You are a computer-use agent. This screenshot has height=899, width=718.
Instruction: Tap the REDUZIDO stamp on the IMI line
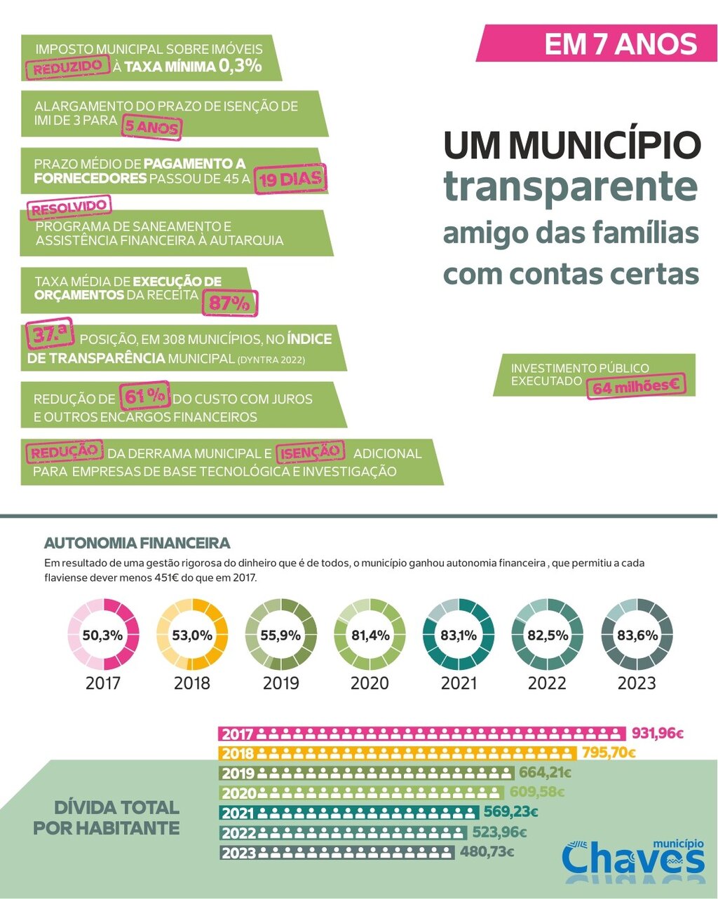click(x=68, y=67)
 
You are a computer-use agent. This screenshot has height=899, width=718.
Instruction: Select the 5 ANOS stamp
click(x=151, y=127)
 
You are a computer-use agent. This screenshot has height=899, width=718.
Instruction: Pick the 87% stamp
click(x=230, y=303)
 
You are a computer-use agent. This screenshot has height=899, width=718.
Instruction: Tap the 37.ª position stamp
click(x=49, y=335)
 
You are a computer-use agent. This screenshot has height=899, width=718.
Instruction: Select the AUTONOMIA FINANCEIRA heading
click(x=137, y=543)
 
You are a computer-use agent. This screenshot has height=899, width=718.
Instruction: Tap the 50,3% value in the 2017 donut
click(x=102, y=636)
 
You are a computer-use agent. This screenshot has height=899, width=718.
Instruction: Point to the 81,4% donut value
click(x=370, y=636)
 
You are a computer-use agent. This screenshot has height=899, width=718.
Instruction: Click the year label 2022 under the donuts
click(x=547, y=682)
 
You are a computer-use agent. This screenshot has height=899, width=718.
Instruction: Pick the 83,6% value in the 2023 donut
click(x=637, y=636)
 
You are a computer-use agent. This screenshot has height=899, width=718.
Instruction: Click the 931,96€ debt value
click(x=657, y=734)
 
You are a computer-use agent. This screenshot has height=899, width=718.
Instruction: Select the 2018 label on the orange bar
click(x=237, y=754)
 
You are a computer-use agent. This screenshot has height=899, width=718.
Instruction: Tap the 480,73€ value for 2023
click(x=487, y=852)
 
